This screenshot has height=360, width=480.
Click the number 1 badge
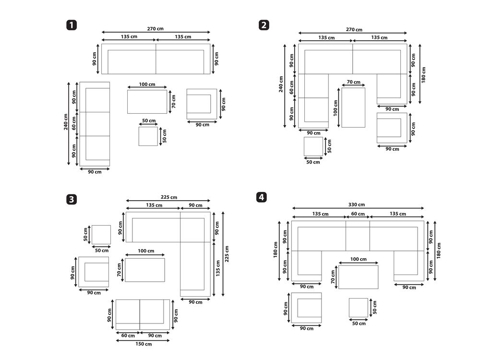pyautogui.click(x=72, y=25)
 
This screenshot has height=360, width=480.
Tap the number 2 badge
pyautogui.click(x=264, y=25)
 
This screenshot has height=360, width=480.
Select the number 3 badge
pyautogui.click(x=72, y=200)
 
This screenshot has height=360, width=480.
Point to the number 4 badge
pyautogui.click(x=262, y=197)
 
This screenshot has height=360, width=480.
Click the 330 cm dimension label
pyautogui.click(x=357, y=204)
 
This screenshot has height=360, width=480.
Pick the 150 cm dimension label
pyautogui.click(x=144, y=344)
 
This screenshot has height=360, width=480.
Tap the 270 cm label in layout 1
pyautogui.click(x=155, y=29)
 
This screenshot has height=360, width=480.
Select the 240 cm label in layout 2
pyautogui.click(x=281, y=84)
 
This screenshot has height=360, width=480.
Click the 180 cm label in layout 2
pyautogui.click(x=424, y=75)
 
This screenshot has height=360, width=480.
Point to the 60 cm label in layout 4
pyautogui.click(x=358, y=214)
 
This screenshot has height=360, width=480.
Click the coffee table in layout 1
pyautogui.click(x=147, y=102)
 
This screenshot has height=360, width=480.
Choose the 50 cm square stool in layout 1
pyautogui.click(x=148, y=136)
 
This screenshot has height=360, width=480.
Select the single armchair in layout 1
pyautogui.click(x=202, y=104)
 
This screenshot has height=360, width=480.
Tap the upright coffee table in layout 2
pyautogui.click(x=353, y=108)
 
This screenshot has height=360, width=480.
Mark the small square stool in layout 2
pyautogui.click(x=313, y=146)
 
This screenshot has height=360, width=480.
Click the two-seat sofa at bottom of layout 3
pyautogui.click(x=143, y=314)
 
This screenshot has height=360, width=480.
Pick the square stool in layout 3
pyautogui.click(x=101, y=235)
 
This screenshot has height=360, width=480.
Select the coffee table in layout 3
pyautogui.click(x=145, y=270)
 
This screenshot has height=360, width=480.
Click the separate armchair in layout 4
pyautogui.click(x=306, y=308)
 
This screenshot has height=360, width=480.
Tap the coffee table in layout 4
pyautogui.click(x=359, y=277)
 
